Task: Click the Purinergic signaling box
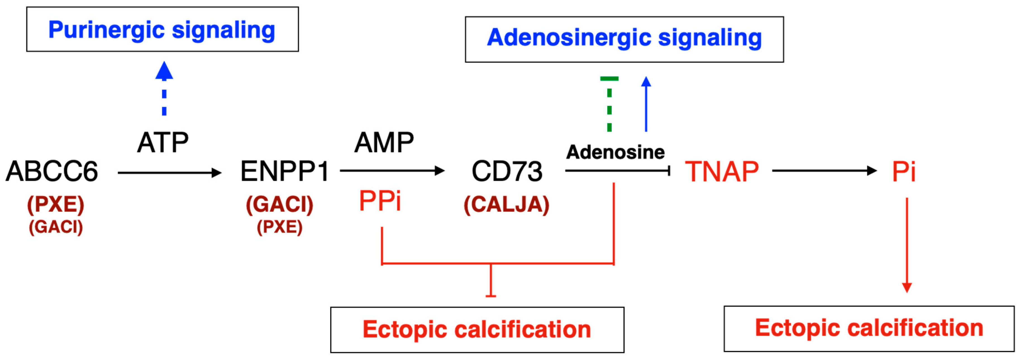162,29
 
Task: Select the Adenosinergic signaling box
624,39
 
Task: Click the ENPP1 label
284,171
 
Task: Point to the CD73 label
507,171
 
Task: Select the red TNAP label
721,171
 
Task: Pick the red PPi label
380,201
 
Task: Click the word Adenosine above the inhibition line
615,152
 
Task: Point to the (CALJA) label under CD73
506,205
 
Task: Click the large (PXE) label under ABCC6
56,205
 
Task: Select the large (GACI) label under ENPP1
280,205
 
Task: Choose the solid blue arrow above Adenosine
646,104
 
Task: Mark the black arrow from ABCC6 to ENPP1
170,173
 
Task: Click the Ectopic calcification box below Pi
869,328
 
